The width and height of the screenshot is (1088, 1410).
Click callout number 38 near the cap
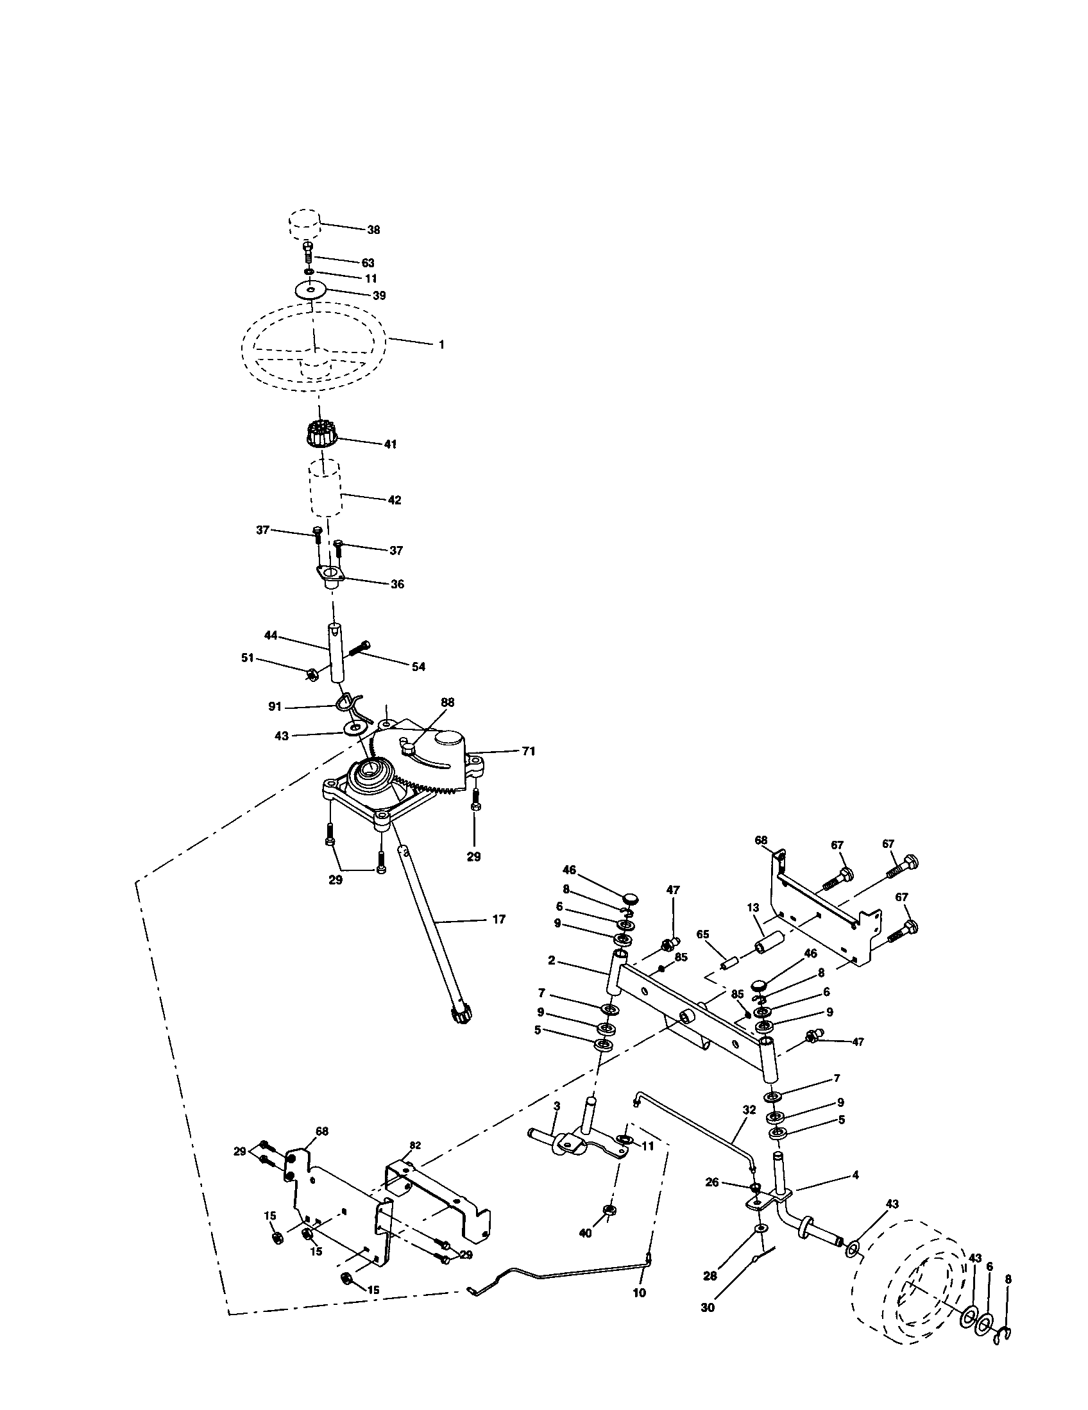tap(373, 230)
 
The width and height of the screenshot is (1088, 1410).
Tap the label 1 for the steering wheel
tap(441, 345)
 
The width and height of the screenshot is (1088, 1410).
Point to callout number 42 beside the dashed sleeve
tap(395, 500)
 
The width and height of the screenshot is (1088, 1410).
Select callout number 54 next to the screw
tap(419, 667)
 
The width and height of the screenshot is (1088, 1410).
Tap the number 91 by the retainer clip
tap(276, 707)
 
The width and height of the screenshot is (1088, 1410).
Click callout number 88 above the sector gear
tap(448, 702)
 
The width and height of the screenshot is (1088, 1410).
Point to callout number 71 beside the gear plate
tap(529, 752)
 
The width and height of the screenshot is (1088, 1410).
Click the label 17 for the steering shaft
tap(499, 919)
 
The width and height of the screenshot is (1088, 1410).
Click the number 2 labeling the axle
tap(551, 979)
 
